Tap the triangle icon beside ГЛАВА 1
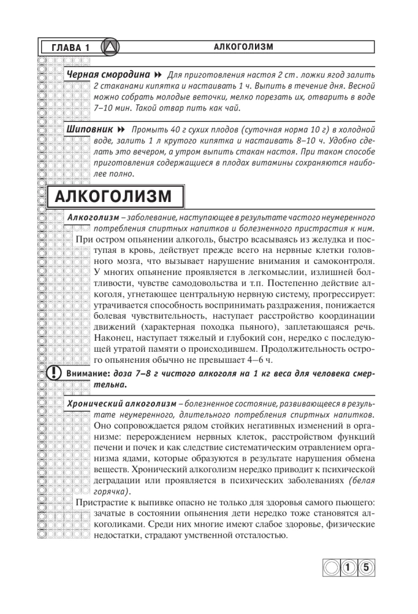click(109, 47)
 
